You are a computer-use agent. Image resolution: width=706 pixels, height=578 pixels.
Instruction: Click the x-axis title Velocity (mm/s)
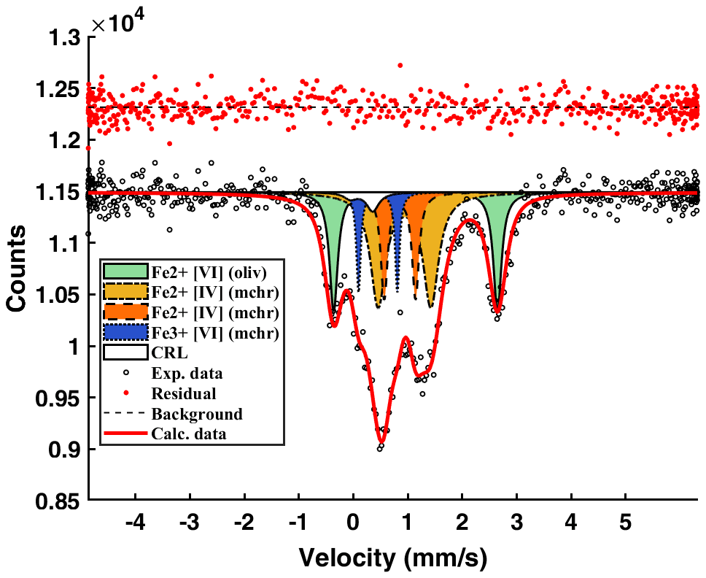click(x=392, y=558)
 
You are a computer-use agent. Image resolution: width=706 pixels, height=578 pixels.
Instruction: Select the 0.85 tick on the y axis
click(x=55, y=501)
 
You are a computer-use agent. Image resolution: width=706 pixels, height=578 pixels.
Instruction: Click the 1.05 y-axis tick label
click(x=55, y=296)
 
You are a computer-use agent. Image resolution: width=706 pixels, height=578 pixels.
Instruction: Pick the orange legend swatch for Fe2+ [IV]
click(x=125, y=312)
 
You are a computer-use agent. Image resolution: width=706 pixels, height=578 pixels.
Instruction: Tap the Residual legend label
click(x=184, y=394)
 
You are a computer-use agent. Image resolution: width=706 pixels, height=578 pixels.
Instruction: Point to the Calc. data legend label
click(x=189, y=434)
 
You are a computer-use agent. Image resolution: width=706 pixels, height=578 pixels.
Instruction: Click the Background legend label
click(x=197, y=415)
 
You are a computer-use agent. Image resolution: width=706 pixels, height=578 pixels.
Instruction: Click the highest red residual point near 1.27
click(x=400, y=65)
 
